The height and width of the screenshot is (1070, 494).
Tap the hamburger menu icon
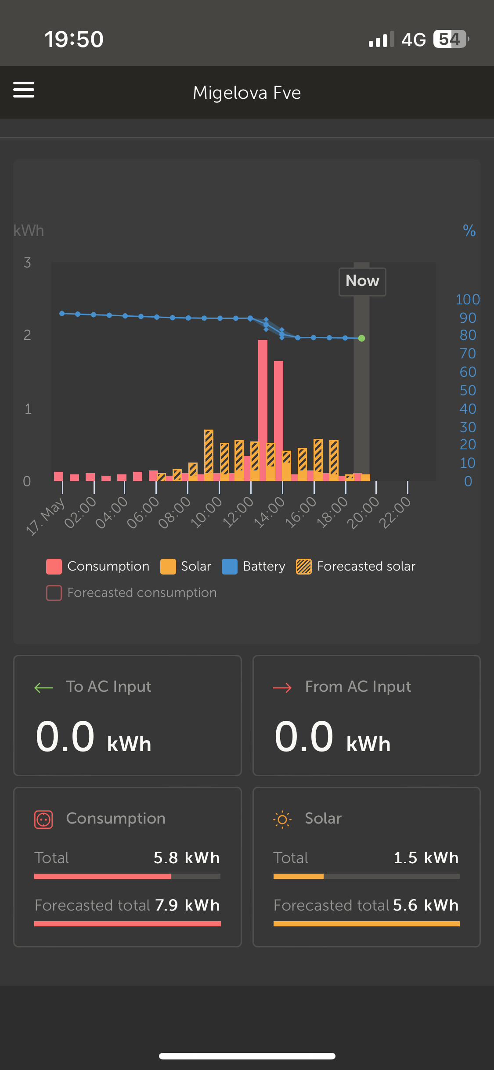(x=24, y=90)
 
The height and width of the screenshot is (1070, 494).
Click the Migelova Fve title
(x=247, y=93)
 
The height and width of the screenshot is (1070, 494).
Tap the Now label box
(x=362, y=282)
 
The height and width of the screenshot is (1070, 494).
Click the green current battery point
(x=361, y=338)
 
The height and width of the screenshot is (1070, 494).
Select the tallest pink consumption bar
(x=263, y=408)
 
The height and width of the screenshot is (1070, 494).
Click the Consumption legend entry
(x=98, y=567)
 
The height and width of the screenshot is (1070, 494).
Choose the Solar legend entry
(x=186, y=567)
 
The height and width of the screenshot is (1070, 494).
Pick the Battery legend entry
(x=253, y=567)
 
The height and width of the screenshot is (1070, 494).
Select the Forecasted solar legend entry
(x=356, y=567)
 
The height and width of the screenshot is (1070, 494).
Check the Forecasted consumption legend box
(x=54, y=593)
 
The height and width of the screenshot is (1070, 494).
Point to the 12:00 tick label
(x=238, y=512)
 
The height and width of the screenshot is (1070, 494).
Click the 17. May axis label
(x=45, y=516)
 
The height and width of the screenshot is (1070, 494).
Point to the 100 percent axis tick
(x=468, y=300)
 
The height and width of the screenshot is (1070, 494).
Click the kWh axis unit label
(x=29, y=231)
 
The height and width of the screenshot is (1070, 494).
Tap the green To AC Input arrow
(x=43, y=687)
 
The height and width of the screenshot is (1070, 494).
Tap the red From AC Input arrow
(x=282, y=687)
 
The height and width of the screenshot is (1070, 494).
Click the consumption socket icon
(x=43, y=820)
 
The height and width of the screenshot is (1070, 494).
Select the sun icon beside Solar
(x=282, y=820)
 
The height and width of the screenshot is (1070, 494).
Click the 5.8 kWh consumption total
(x=187, y=858)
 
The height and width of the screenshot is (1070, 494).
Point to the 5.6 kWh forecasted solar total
(x=425, y=905)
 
